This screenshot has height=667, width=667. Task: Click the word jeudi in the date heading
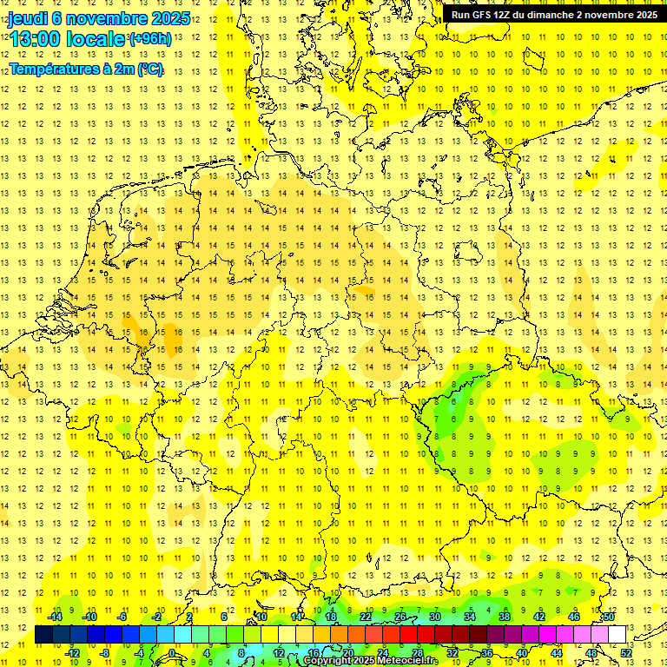pos(28,19)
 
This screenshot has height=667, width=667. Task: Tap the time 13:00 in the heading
pos(36,39)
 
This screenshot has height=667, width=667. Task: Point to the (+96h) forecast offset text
pos(150,39)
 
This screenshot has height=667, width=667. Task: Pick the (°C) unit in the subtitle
pos(149,69)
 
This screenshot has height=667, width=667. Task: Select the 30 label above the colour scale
pos(435,617)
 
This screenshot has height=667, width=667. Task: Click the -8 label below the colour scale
pos(106,652)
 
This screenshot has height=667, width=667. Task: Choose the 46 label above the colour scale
pos(574,617)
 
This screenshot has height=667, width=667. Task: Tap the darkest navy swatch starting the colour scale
pos(43,634)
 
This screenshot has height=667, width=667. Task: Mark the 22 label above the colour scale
pos(366,617)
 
